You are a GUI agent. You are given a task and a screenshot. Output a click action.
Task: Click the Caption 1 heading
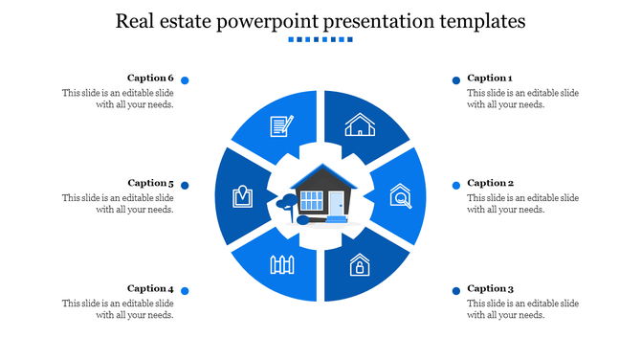tap(490, 79)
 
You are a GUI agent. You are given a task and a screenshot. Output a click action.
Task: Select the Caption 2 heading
tap(490, 183)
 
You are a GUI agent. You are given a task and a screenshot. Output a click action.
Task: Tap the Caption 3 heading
tap(490, 288)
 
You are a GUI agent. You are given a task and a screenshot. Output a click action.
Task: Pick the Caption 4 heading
tap(150, 288)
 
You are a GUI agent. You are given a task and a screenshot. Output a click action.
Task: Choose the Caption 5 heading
tap(150, 183)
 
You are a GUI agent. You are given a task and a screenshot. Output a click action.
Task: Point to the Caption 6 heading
tap(150, 79)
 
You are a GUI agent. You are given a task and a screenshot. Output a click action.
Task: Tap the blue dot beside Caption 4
tap(185, 290)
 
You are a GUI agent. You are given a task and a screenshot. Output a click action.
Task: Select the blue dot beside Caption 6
tap(185, 80)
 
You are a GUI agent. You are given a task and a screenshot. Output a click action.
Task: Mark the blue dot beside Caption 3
tap(456, 290)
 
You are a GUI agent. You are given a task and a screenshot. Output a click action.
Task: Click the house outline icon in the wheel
tap(360, 124)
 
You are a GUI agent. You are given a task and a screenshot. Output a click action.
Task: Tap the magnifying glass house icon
tap(400, 197)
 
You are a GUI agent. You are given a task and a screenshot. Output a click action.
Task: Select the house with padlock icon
tap(359, 264)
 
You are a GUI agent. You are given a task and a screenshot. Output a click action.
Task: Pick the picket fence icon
tap(281, 264)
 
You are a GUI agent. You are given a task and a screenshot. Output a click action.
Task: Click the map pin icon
tap(242, 196)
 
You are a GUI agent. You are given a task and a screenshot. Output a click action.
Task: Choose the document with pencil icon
tap(281, 124)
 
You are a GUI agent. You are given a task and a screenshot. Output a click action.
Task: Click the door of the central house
tap(337, 203)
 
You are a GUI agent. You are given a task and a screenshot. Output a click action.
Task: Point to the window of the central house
tap(313, 201)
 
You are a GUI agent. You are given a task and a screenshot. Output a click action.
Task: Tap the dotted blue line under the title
tap(320, 40)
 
